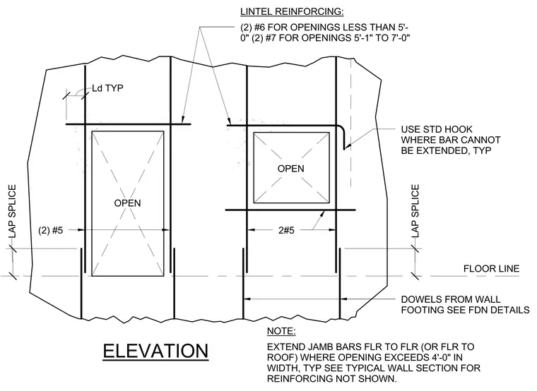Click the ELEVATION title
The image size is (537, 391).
[x=155, y=351]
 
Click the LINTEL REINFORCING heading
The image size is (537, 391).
[x=292, y=11]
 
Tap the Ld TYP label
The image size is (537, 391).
[x=107, y=88]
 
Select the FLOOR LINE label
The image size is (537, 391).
[x=492, y=268]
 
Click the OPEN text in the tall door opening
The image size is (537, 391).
[x=127, y=203]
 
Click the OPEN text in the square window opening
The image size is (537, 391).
[x=291, y=169]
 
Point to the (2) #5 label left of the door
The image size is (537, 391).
[x=51, y=230]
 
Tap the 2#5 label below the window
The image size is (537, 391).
[x=286, y=230]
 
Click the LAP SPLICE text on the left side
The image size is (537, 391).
[x=12, y=212]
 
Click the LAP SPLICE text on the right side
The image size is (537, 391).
[x=415, y=211]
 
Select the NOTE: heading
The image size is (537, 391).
[x=281, y=331]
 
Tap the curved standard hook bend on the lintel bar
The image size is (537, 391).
[x=342, y=128]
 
